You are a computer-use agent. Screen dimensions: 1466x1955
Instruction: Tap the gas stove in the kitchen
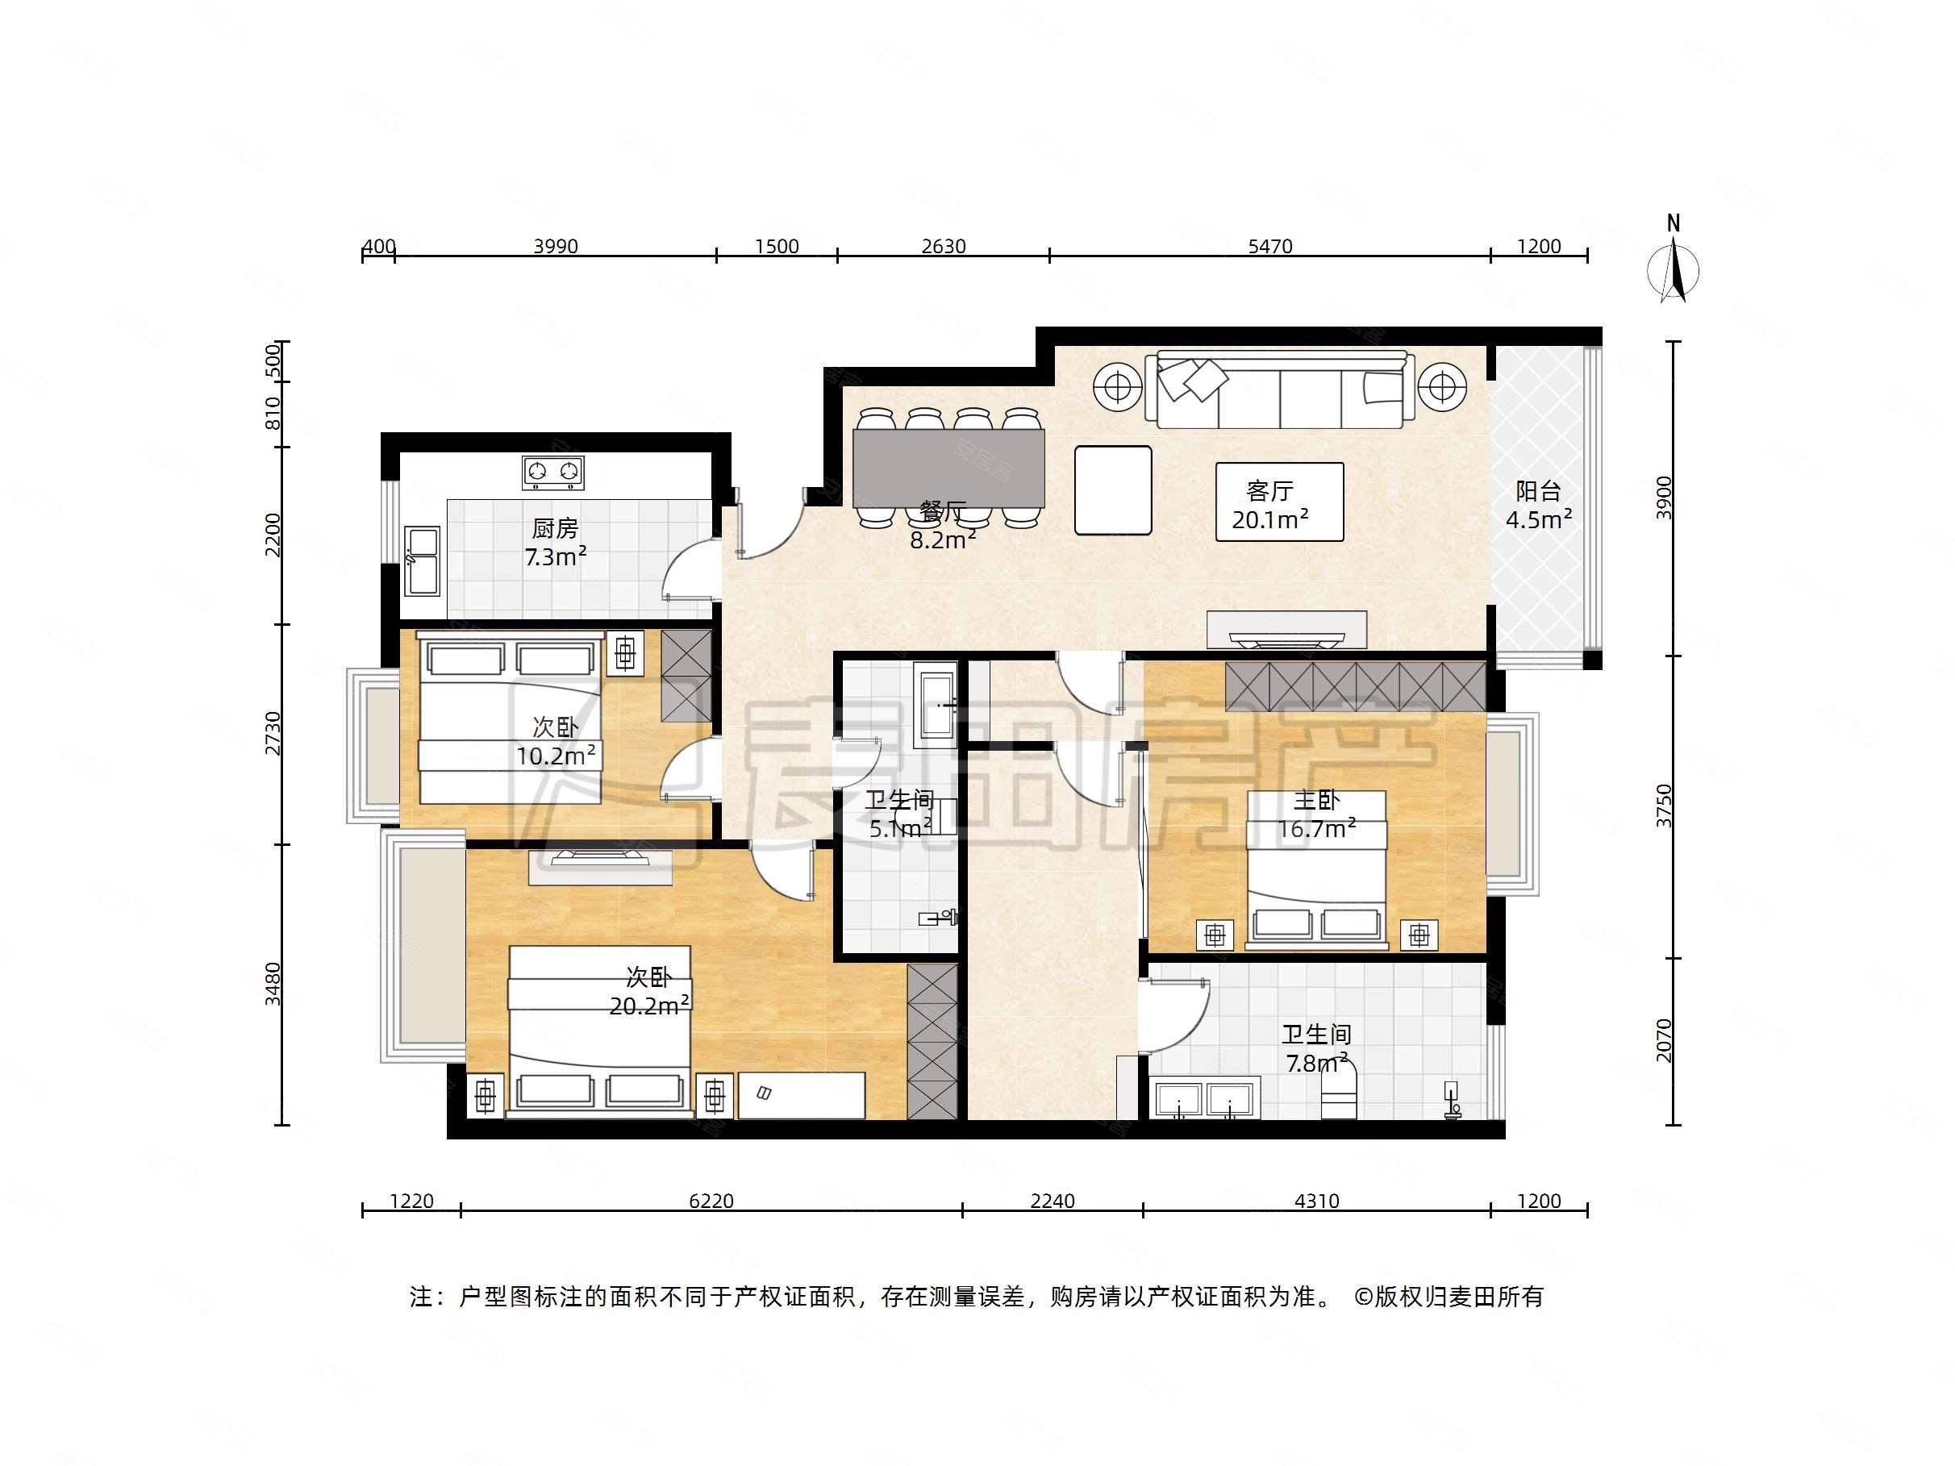coord(553,472)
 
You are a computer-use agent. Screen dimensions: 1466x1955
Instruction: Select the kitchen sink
coord(422,560)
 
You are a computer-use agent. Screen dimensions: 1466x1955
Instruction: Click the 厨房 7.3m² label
coord(555,543)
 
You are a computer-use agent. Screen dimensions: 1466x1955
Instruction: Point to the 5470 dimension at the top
coord(1270,247)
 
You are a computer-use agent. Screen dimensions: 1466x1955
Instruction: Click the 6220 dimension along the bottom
coord(711,1201)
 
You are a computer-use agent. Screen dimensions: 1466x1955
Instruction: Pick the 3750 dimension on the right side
coord(1664,805)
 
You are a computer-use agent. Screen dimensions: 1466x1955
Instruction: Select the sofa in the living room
coord(1280,389)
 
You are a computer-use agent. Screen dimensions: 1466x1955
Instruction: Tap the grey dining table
coord(948,469)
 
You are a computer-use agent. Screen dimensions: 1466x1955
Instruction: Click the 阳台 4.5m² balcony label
coord(1539,506)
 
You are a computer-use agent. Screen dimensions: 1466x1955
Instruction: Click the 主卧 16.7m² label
coord(1316,814)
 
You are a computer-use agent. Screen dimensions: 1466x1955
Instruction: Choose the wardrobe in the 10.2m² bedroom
coord(686,675)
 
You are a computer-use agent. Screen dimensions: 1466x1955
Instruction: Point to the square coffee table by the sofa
coord(1113,490)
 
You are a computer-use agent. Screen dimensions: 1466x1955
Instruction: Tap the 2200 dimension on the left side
coord(273,535)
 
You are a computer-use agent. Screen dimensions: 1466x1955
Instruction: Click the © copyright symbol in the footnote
coord(1363,1297)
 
